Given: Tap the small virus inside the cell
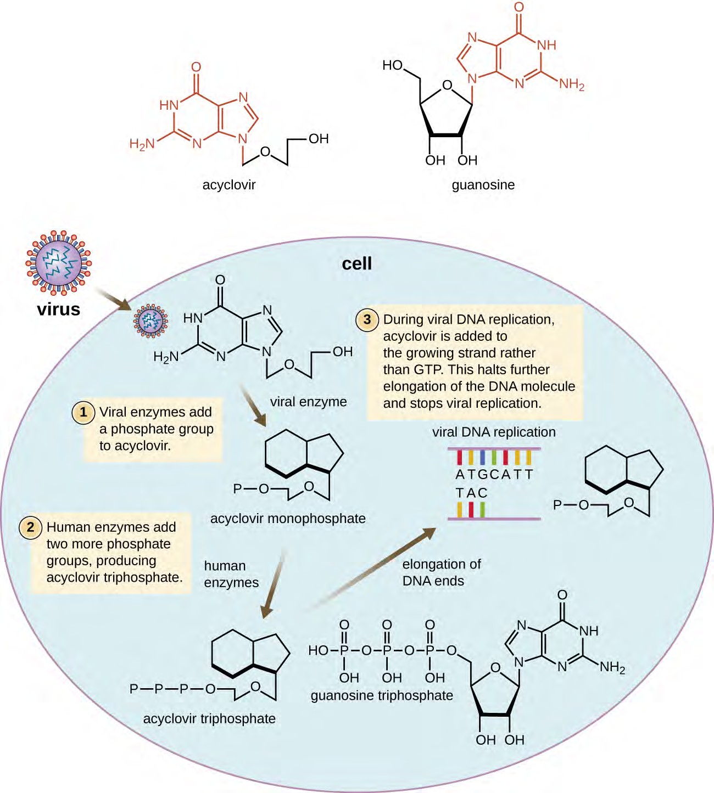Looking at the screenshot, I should coord(150,321).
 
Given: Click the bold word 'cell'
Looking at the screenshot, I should coord(356,263).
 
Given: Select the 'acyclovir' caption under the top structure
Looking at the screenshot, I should coord(228,185).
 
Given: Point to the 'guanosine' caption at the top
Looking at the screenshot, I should coord(483,185).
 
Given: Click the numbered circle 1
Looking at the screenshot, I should coord(83,412).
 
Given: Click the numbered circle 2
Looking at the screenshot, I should coord(31,527).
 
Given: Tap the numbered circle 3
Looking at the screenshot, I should coord(367,319).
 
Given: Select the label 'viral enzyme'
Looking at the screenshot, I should coord(308,402).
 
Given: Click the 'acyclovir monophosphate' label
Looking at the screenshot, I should coord(288,519).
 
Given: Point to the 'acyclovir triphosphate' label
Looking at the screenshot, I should coord(209,718).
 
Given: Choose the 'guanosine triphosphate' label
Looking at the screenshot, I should coord(382,696).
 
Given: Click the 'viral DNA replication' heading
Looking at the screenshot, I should coord(494,432).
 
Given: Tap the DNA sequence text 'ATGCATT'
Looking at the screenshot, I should coord(494,474).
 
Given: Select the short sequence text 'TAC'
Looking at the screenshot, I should coord(471,493).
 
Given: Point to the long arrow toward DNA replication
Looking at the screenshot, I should coord(373,568).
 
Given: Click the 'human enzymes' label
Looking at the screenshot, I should coord(231,574).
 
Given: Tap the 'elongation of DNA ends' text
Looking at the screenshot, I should coord(441,572).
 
